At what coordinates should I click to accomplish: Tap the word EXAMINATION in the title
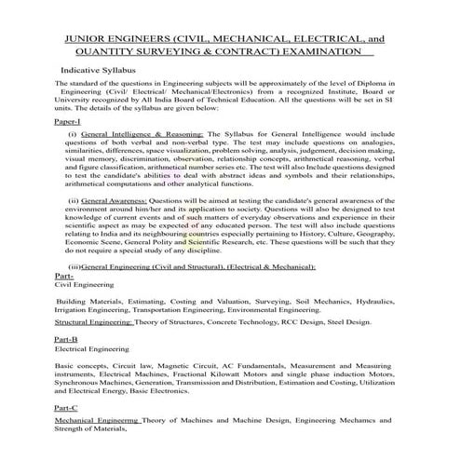319,53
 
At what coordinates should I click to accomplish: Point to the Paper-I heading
69,122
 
